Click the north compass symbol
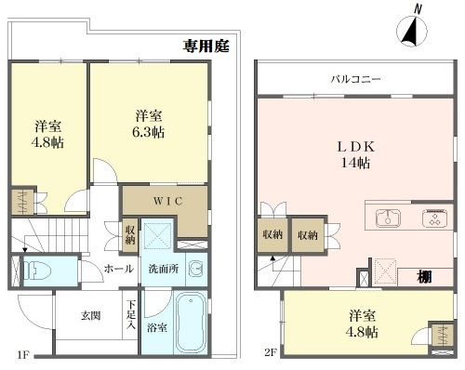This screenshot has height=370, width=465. [x=412, y=31]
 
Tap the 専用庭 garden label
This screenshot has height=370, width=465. [x=206, y=46]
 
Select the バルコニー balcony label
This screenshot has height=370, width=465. [x=355, y=79]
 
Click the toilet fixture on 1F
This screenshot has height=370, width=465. [x=37, y=271]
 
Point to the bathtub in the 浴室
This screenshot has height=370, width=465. [x=191, y=323]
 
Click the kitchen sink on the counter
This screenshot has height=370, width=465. [x=388, y=218]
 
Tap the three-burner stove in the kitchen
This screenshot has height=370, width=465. [x=434, y=218]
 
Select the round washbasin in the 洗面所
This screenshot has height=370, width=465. [x=196, y=269]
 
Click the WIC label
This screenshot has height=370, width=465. [x=168, y=201]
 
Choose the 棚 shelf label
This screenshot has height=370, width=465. [x=424, y=276]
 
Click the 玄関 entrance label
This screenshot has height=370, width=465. [x=91, y=316]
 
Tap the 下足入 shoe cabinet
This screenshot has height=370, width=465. [x=130, y=315]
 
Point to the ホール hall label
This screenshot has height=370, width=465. [x=119, y=269]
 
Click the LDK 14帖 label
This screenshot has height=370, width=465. [x=356, y=154]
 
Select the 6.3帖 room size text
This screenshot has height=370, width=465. [x=148, y=132]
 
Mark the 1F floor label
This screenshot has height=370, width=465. [x=23, y=354]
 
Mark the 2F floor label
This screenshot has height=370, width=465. [x=271, y=352]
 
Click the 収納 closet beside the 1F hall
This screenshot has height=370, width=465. [x=130, y=235]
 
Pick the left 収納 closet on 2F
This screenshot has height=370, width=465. [x=272, y=235]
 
